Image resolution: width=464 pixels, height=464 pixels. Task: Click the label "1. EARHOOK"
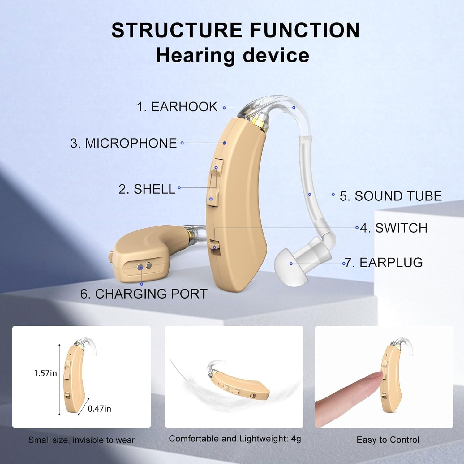point(177,107)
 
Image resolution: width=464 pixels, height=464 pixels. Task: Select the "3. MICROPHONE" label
point(123,143)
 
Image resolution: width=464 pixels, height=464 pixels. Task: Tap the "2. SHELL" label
point(147,189)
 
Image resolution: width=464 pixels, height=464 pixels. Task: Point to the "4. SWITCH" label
point(394,228)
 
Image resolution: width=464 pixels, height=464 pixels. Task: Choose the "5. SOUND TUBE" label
point(391,196)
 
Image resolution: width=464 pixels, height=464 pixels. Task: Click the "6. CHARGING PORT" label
point(144,294)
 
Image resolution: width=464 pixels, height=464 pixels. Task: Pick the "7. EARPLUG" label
point(384,263)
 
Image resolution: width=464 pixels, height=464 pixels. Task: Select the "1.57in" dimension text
point(45,373)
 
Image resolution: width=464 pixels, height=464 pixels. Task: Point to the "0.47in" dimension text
point(99,409)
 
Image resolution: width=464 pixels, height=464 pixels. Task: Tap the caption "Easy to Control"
point(388,440)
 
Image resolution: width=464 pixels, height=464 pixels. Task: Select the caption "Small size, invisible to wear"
point(81,440)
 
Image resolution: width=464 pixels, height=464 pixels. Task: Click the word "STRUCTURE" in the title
point(177,30)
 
